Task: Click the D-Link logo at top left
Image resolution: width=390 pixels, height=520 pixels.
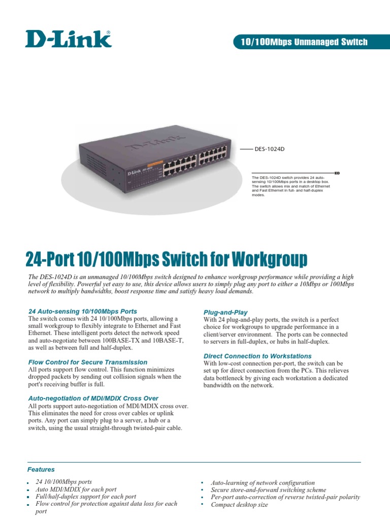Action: coord(69,39)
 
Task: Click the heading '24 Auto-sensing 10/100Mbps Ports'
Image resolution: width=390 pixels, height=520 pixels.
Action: coord(83,311)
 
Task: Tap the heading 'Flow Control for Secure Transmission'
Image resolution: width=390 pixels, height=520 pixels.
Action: coord(88,362)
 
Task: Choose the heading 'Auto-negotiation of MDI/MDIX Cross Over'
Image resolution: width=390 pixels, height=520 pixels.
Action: coord(93,398)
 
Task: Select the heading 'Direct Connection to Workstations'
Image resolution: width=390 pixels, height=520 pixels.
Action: coord(257,356)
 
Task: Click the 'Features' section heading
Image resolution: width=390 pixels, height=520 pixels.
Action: coord(41,470)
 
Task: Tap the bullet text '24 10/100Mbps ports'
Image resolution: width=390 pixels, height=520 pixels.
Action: coord(64,481)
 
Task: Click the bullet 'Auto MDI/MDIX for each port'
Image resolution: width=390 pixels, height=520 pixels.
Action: coord(76,489)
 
